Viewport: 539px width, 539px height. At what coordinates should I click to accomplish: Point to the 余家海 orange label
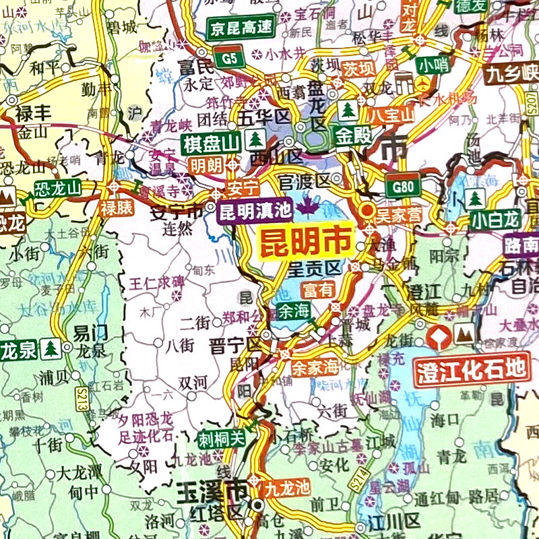pyautogui.click(x=314, y=368)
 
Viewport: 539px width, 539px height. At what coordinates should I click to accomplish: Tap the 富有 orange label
pyautogui.click(x=317, y=291)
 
